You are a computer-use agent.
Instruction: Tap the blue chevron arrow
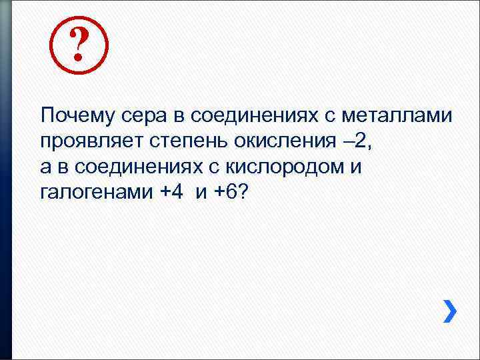(x=451, y=310)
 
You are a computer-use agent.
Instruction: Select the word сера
(x=142, y=115)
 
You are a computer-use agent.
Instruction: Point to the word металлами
(x=398, y=115)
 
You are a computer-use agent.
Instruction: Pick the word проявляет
(x=85, y=141)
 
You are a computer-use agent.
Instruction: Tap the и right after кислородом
(x=356, y=167)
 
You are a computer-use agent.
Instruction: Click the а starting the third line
(x=45, y=167)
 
